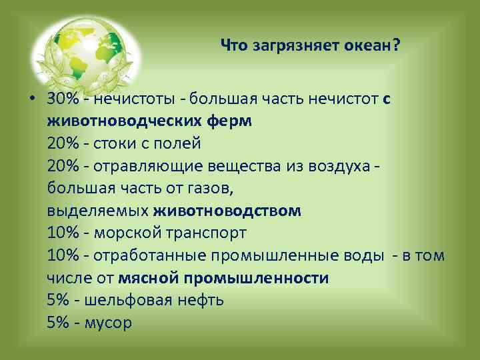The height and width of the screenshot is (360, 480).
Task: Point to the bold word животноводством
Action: pyautogui.click(x=227, y=211)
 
